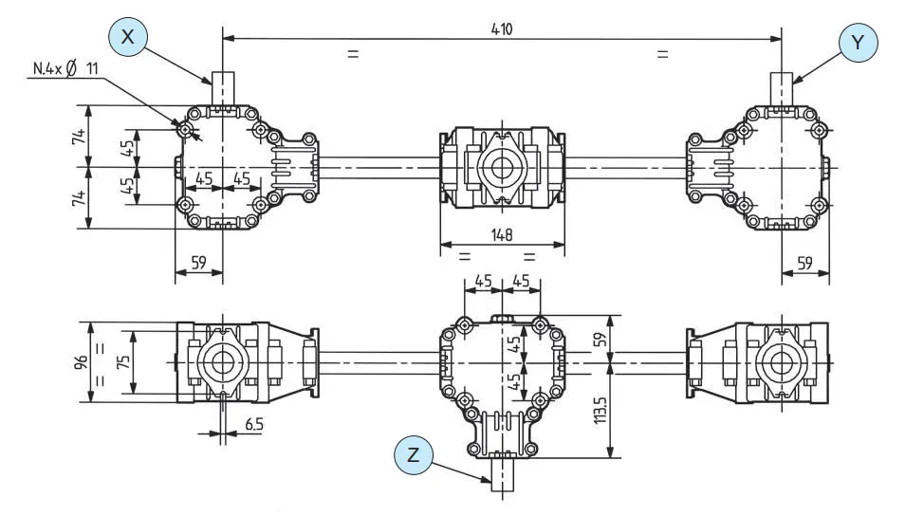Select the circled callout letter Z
pos(414,453)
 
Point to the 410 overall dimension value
pos(502,28)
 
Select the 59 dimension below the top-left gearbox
pos(198,263)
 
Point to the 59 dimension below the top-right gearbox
pos(804,263)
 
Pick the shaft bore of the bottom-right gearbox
pos(782,362)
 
